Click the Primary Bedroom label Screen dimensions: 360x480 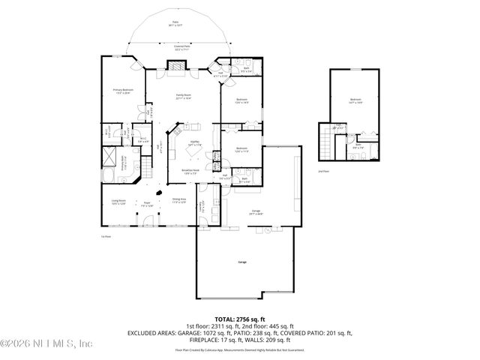[x=122, y=91]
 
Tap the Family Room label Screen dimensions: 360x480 [x=182, y=97]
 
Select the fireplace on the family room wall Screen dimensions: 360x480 [x=175, y=66]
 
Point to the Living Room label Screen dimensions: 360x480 [x=118, y=201]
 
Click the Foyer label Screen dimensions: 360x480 [x=148, y=202]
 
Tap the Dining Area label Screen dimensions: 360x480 [x=179, y=199]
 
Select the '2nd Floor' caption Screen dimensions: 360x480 [x=324, y=172]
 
